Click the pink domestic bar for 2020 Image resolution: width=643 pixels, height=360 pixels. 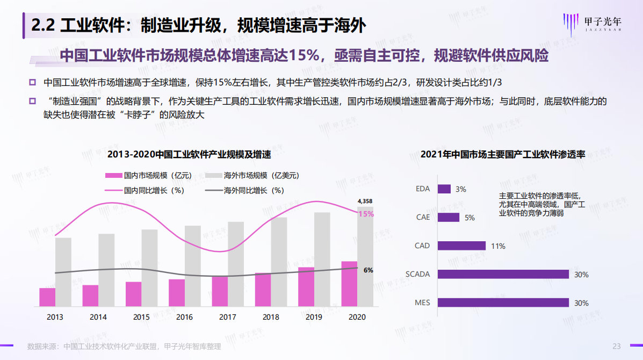349,284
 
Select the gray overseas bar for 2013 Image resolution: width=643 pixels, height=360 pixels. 63,272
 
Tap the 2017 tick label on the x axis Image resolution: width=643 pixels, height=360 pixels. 228,317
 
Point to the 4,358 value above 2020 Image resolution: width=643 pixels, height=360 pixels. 365,201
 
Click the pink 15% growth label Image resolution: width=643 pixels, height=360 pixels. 366,214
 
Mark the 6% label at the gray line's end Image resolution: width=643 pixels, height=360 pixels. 369,270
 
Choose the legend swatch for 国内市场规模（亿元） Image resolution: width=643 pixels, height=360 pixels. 113,175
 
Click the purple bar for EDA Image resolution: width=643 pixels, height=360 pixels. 444,189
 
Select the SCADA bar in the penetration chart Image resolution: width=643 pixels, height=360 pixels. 503,274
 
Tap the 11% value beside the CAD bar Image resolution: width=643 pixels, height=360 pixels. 497,246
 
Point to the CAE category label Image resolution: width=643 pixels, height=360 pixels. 423,218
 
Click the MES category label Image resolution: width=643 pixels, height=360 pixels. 422,303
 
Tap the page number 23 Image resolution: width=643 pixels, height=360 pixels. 617,346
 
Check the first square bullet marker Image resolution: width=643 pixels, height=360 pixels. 32,83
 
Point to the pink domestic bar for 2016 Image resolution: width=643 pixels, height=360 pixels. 177,293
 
